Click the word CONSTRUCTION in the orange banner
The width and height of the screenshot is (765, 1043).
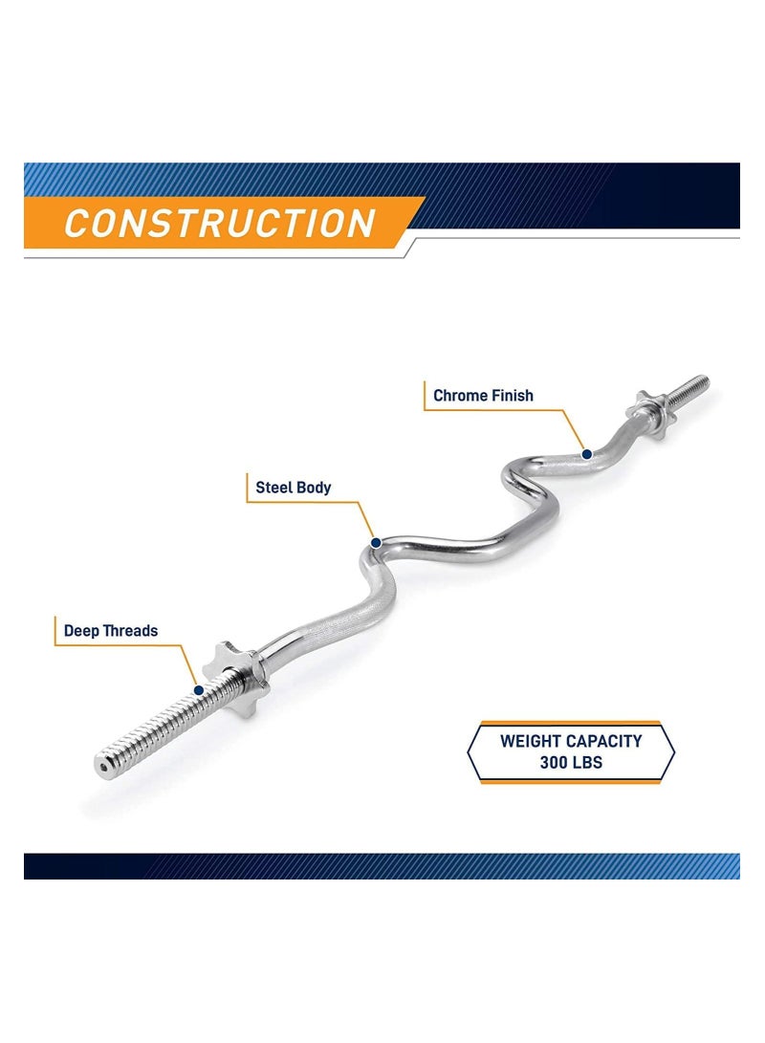[x=220, y=223]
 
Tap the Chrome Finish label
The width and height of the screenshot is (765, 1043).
[x=483, y=396]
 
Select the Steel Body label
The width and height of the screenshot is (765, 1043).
[x=294, y=488]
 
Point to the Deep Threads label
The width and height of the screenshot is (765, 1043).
[x=110, y=631]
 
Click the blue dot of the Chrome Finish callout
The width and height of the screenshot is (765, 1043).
[x=587, y=454]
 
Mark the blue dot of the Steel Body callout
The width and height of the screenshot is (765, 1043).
[x=376, y=543]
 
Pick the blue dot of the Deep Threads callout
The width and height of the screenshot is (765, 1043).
[x=198, y=690]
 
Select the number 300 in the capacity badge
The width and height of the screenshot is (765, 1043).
[x=552, y=762]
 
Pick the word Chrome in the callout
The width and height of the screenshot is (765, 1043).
[x=460, y=396]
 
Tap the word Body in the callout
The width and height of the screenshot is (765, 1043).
[x=313, y=488]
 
